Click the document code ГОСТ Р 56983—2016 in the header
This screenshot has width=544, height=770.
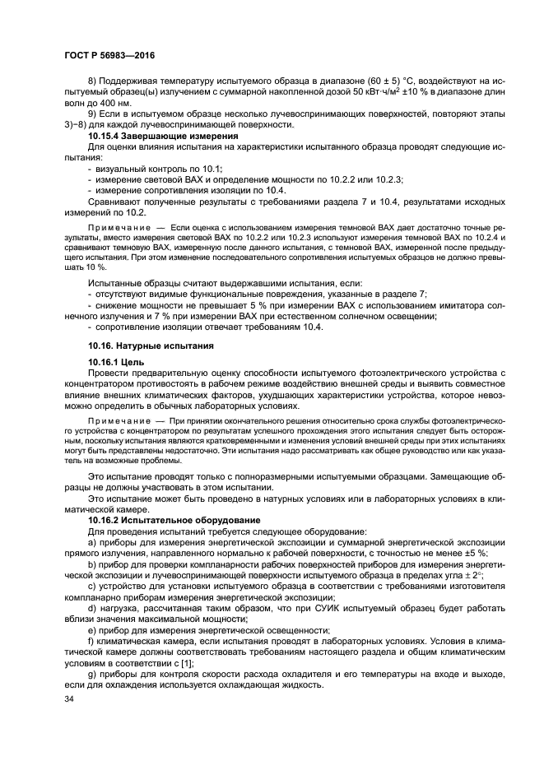tap(109, 55)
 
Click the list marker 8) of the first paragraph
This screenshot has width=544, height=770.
tap(93, 82)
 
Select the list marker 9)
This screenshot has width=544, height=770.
tap(93, 114)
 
